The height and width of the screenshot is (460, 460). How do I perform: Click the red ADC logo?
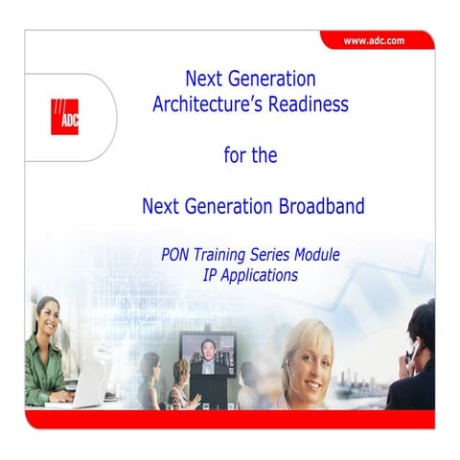point(64,117)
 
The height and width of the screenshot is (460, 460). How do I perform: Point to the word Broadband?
point(318,206)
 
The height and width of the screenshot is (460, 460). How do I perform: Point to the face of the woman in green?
point(48,317)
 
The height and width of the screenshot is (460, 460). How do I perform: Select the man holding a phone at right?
point(415,356)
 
